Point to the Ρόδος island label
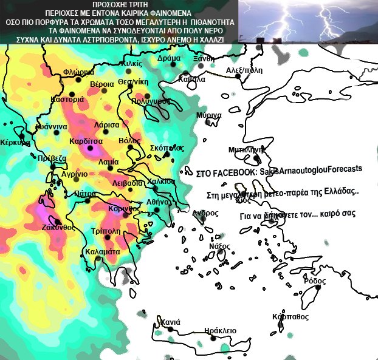coord(314,281)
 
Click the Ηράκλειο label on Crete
coord(216,330)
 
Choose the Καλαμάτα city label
coord(102,251)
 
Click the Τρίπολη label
coord(105,231)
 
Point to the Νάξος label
coord(219,246)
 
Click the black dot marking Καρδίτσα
coord(91,148)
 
